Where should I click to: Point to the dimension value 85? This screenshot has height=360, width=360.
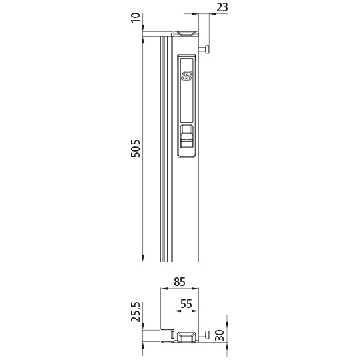pos(180,281)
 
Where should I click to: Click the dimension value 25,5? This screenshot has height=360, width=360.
pos(136,312)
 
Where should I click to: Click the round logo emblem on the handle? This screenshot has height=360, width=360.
pos(187,77)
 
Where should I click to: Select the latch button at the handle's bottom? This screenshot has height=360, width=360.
pos(187,140)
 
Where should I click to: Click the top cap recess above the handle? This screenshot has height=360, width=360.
pos(186,32)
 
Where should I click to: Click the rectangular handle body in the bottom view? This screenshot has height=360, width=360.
pos(186,336)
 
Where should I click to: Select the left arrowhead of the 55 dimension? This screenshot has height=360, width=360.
pos(176,311)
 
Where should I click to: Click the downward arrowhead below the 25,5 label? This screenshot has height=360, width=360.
pos(144,326)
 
